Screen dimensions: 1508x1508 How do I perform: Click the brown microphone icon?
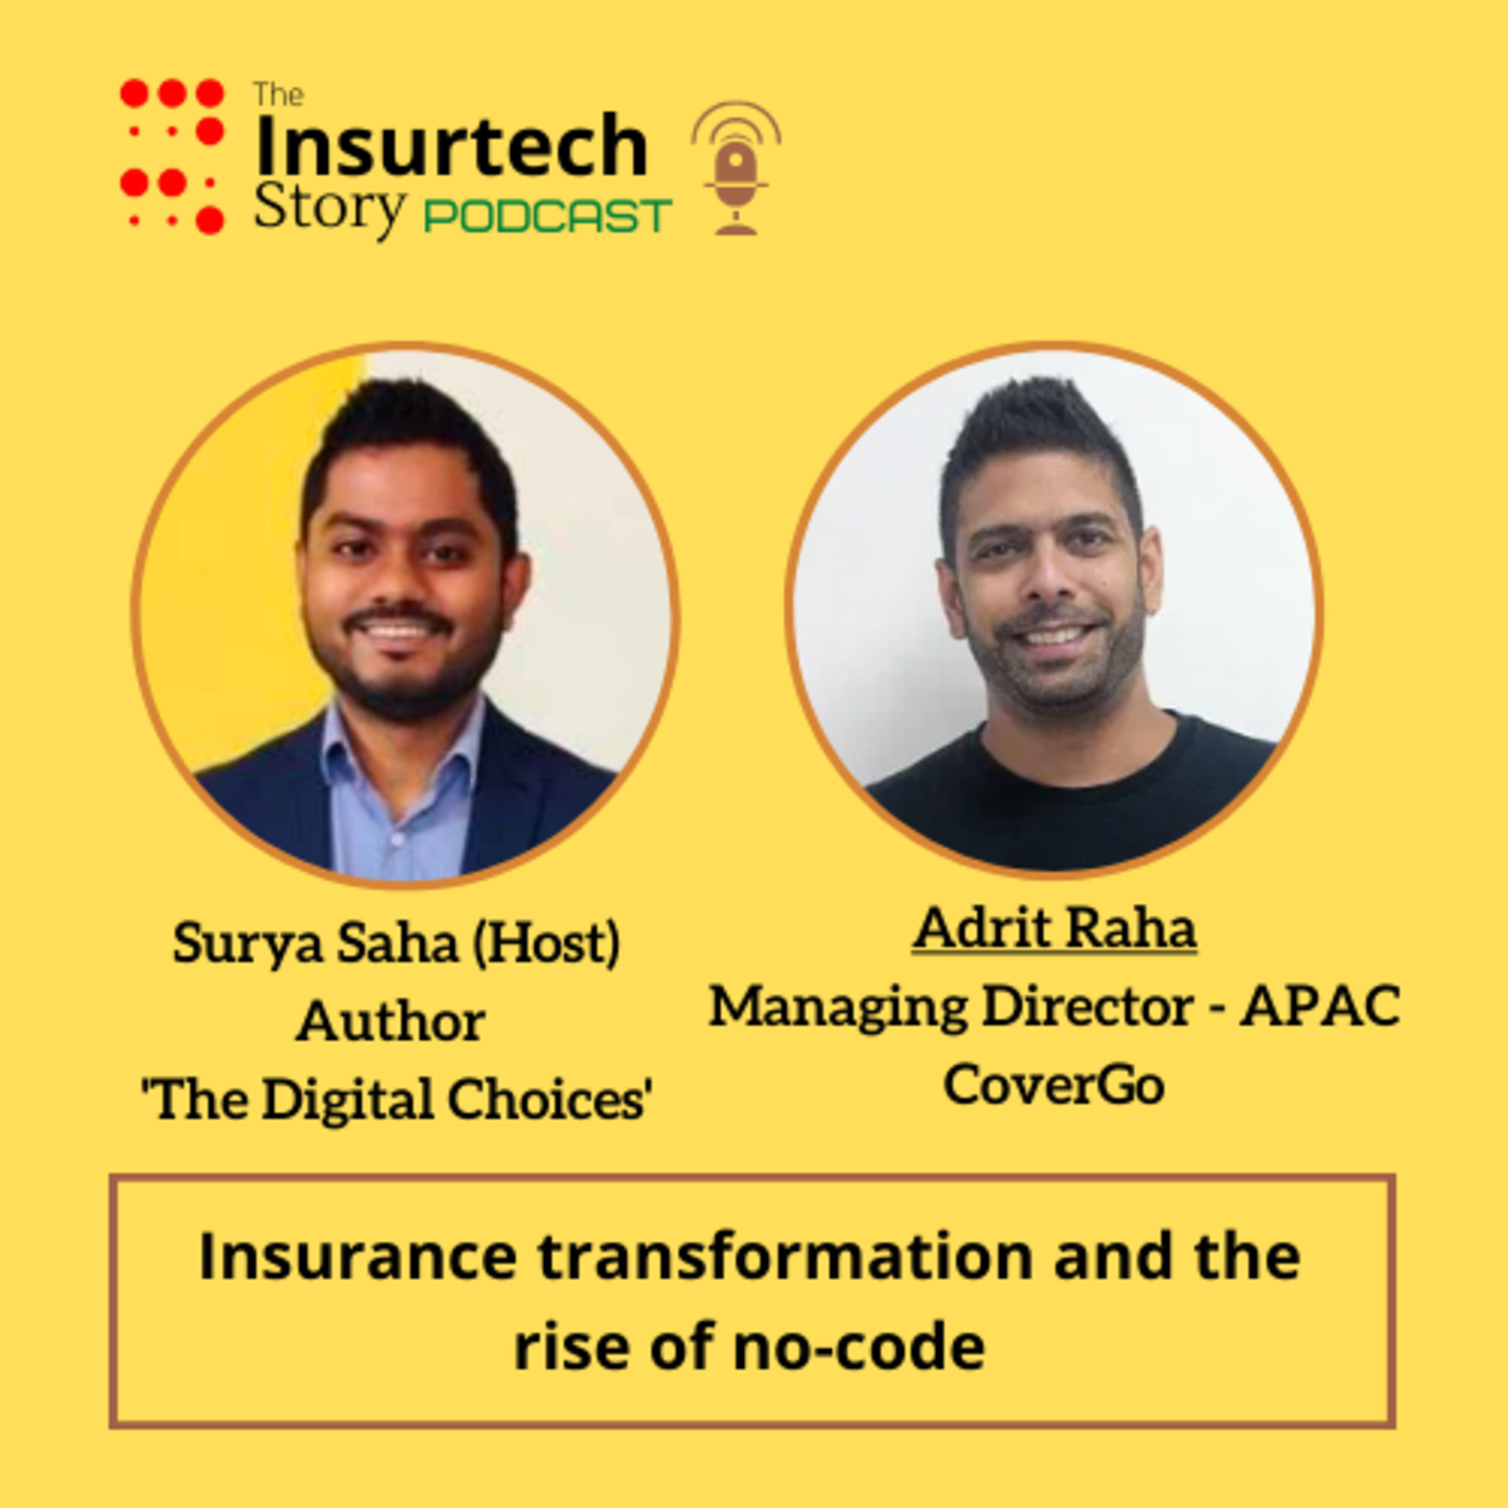[x=735, y=168]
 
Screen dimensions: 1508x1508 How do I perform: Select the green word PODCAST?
[x=547, y=216]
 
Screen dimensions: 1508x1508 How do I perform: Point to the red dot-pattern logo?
[x=172, y=156]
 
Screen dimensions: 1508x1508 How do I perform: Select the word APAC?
[x=1321, y=1006]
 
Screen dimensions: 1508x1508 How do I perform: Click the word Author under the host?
[x=391, y=1022]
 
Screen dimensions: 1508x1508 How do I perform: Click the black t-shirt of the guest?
[x=1069, y=804]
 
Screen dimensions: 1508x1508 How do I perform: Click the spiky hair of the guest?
[x=1038, y=437]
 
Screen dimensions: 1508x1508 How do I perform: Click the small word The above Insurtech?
[x=278, y=95]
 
